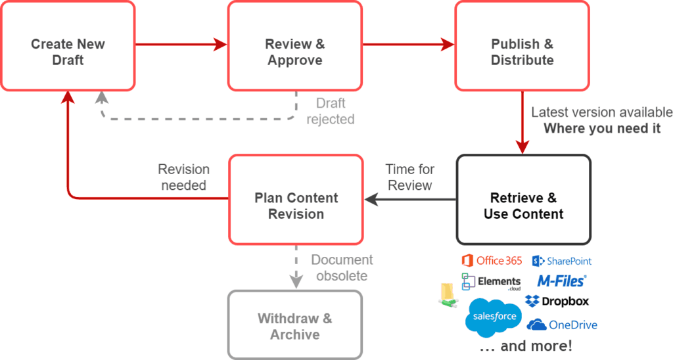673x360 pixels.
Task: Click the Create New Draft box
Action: point(68,46)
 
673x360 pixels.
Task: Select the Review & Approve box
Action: point(294,46)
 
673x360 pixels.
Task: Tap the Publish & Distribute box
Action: point(522,46)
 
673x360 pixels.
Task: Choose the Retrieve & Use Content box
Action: point(523,200)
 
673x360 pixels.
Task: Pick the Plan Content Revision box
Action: point(296,200)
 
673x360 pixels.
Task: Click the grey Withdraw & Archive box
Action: point(294,326)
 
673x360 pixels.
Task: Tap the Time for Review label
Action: point(409,177)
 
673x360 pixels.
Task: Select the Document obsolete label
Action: point(342,267)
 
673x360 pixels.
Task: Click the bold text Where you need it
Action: point(601,128)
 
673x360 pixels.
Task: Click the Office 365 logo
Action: point(492,261)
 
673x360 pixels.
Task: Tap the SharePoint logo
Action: point(562,261)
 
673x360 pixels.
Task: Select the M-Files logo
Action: point(561,281)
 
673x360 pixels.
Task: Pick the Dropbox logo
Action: point(557,302)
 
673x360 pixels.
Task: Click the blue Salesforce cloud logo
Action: point(494,317)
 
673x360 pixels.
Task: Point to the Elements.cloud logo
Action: point(491,282)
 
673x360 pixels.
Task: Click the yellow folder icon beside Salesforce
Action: point(448,295)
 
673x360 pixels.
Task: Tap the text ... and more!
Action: point(525,346)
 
